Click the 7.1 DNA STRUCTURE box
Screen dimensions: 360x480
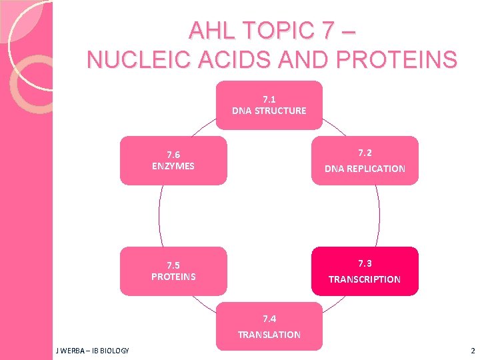pyautogui.click(x=269, y=105)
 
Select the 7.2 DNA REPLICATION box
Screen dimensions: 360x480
pyautogui.click(x=365, y=160)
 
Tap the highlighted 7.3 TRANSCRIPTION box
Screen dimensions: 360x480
pyautogui.click(x=365, y=271)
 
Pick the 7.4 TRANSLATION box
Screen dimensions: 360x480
pyautogui.click(x=269, y=326)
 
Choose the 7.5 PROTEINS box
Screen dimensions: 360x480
pyautogui.click(x=173, y=271)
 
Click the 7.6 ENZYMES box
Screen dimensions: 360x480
pyautogui.click(x=173, y=160)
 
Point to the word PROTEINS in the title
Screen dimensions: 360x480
pyautogui.click(x=402, y=59)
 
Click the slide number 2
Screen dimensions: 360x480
pyautogui.click(x=472, y=351)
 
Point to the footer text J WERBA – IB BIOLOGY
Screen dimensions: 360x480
pyautogui.click(x=93, y=351)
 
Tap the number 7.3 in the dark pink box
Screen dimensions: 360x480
pyautogui.click(x=365, y=263)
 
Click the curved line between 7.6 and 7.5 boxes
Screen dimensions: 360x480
pyautogui.click(x=159, y=215)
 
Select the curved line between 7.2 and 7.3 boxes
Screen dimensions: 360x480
pyautogui.click(x=379, y=215)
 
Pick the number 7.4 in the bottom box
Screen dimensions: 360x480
pyautogui.click(x=269, y=319)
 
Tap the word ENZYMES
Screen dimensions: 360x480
pyautogui.click(x=173, y=166)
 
